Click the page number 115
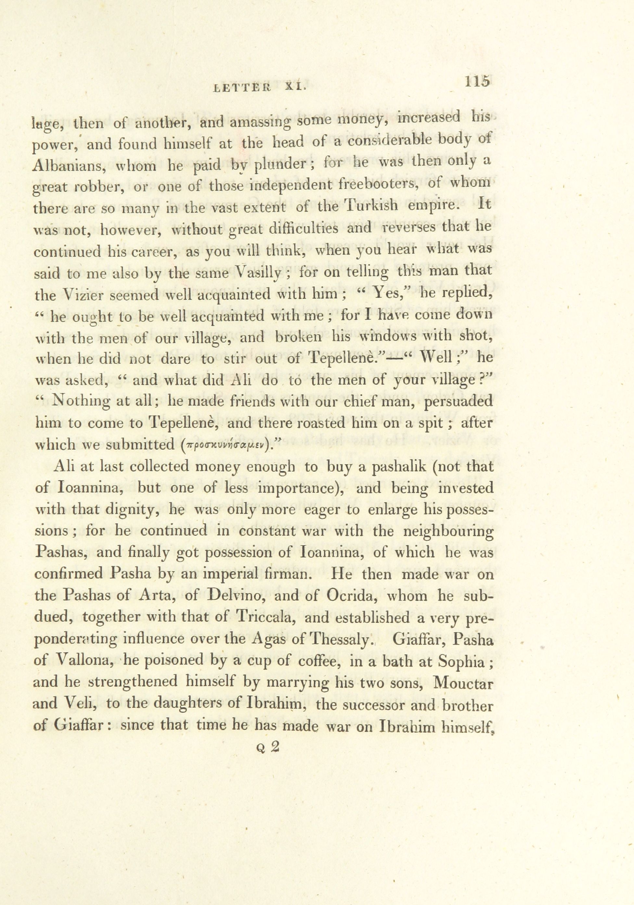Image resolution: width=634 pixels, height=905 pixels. [477, 81]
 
